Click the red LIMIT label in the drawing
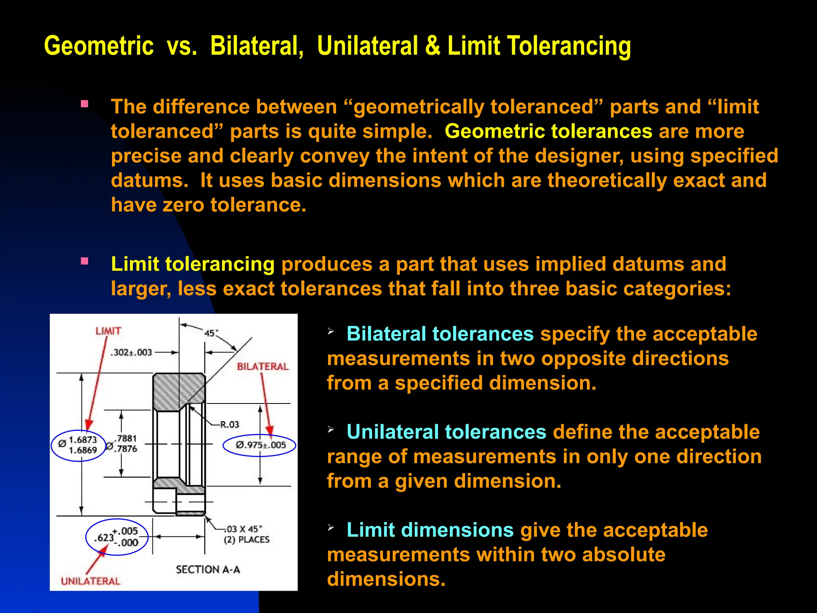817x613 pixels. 108,331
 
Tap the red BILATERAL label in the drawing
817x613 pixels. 262,366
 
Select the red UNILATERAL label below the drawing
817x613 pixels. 90,581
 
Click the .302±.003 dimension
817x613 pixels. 132,352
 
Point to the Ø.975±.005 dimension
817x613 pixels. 260,445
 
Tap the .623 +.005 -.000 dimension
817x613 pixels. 116,537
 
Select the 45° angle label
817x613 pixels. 211,333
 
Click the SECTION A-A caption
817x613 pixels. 208,569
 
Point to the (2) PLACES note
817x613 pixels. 247,540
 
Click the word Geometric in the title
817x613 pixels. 99,46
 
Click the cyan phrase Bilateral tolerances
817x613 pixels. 440,334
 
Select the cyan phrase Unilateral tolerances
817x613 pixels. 446,432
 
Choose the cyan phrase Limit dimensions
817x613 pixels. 430,530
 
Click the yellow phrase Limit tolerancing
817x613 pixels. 193,264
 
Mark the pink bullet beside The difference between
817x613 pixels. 84,104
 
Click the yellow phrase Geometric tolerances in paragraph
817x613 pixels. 549,131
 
